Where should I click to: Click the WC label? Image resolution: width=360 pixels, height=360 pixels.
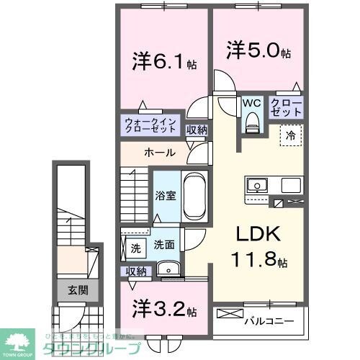pos(251,102)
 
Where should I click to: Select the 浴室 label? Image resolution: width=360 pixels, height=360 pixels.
pos(165,194)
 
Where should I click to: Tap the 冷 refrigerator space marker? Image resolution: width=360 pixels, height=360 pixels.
pos(292,133)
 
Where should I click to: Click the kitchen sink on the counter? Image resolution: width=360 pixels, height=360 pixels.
pos(257,185)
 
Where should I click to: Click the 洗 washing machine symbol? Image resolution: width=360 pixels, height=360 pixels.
pos(135,248)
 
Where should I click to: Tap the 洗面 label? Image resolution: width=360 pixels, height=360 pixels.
pos(163,245)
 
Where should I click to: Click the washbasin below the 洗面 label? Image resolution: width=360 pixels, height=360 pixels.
pos(170,269)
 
